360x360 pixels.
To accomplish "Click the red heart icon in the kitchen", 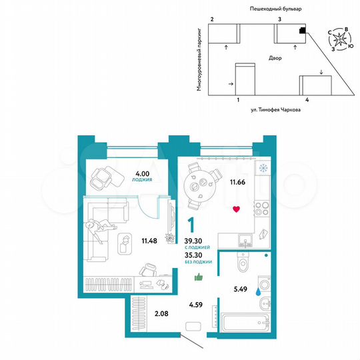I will pyautogui.click(x=236, y=210).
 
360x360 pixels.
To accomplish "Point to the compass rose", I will pyautogui.click(x=343, y=39).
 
